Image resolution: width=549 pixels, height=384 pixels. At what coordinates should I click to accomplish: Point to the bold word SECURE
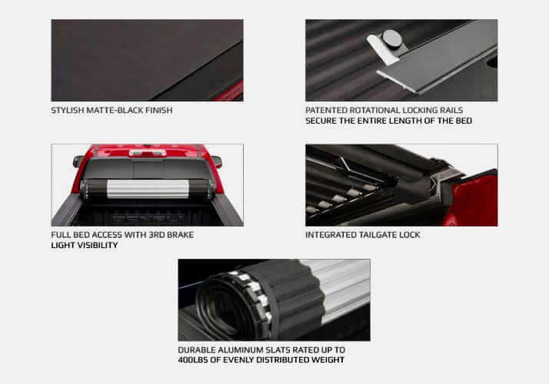(322, 121)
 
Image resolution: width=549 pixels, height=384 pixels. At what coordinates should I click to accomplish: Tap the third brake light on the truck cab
(147, 153)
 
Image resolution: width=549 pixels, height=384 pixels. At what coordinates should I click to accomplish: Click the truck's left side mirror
(78, 161)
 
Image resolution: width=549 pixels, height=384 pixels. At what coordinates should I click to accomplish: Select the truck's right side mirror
(217, 161)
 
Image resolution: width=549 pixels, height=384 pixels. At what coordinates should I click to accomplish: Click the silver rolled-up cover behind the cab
(147, 189)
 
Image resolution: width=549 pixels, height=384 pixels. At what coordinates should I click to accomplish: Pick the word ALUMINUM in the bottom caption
(245, 349)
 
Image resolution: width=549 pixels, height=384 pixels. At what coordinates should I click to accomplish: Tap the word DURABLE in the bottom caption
(197, 349)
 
